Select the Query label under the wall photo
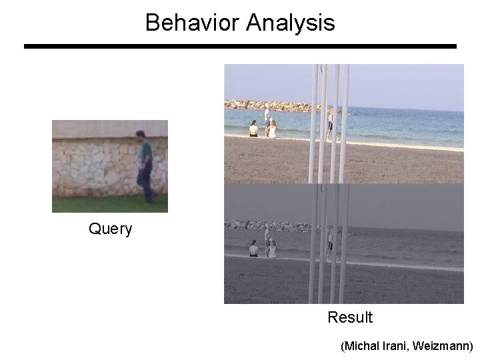coord(111,229)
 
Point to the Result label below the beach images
coord(350,317)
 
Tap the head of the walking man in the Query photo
coord(141,135)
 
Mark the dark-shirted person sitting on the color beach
coord(253,129)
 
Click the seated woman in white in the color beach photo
coord(272,129)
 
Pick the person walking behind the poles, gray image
coord(330,243)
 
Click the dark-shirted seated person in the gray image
coord(253,249)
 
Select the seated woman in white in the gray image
coord(272,249)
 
